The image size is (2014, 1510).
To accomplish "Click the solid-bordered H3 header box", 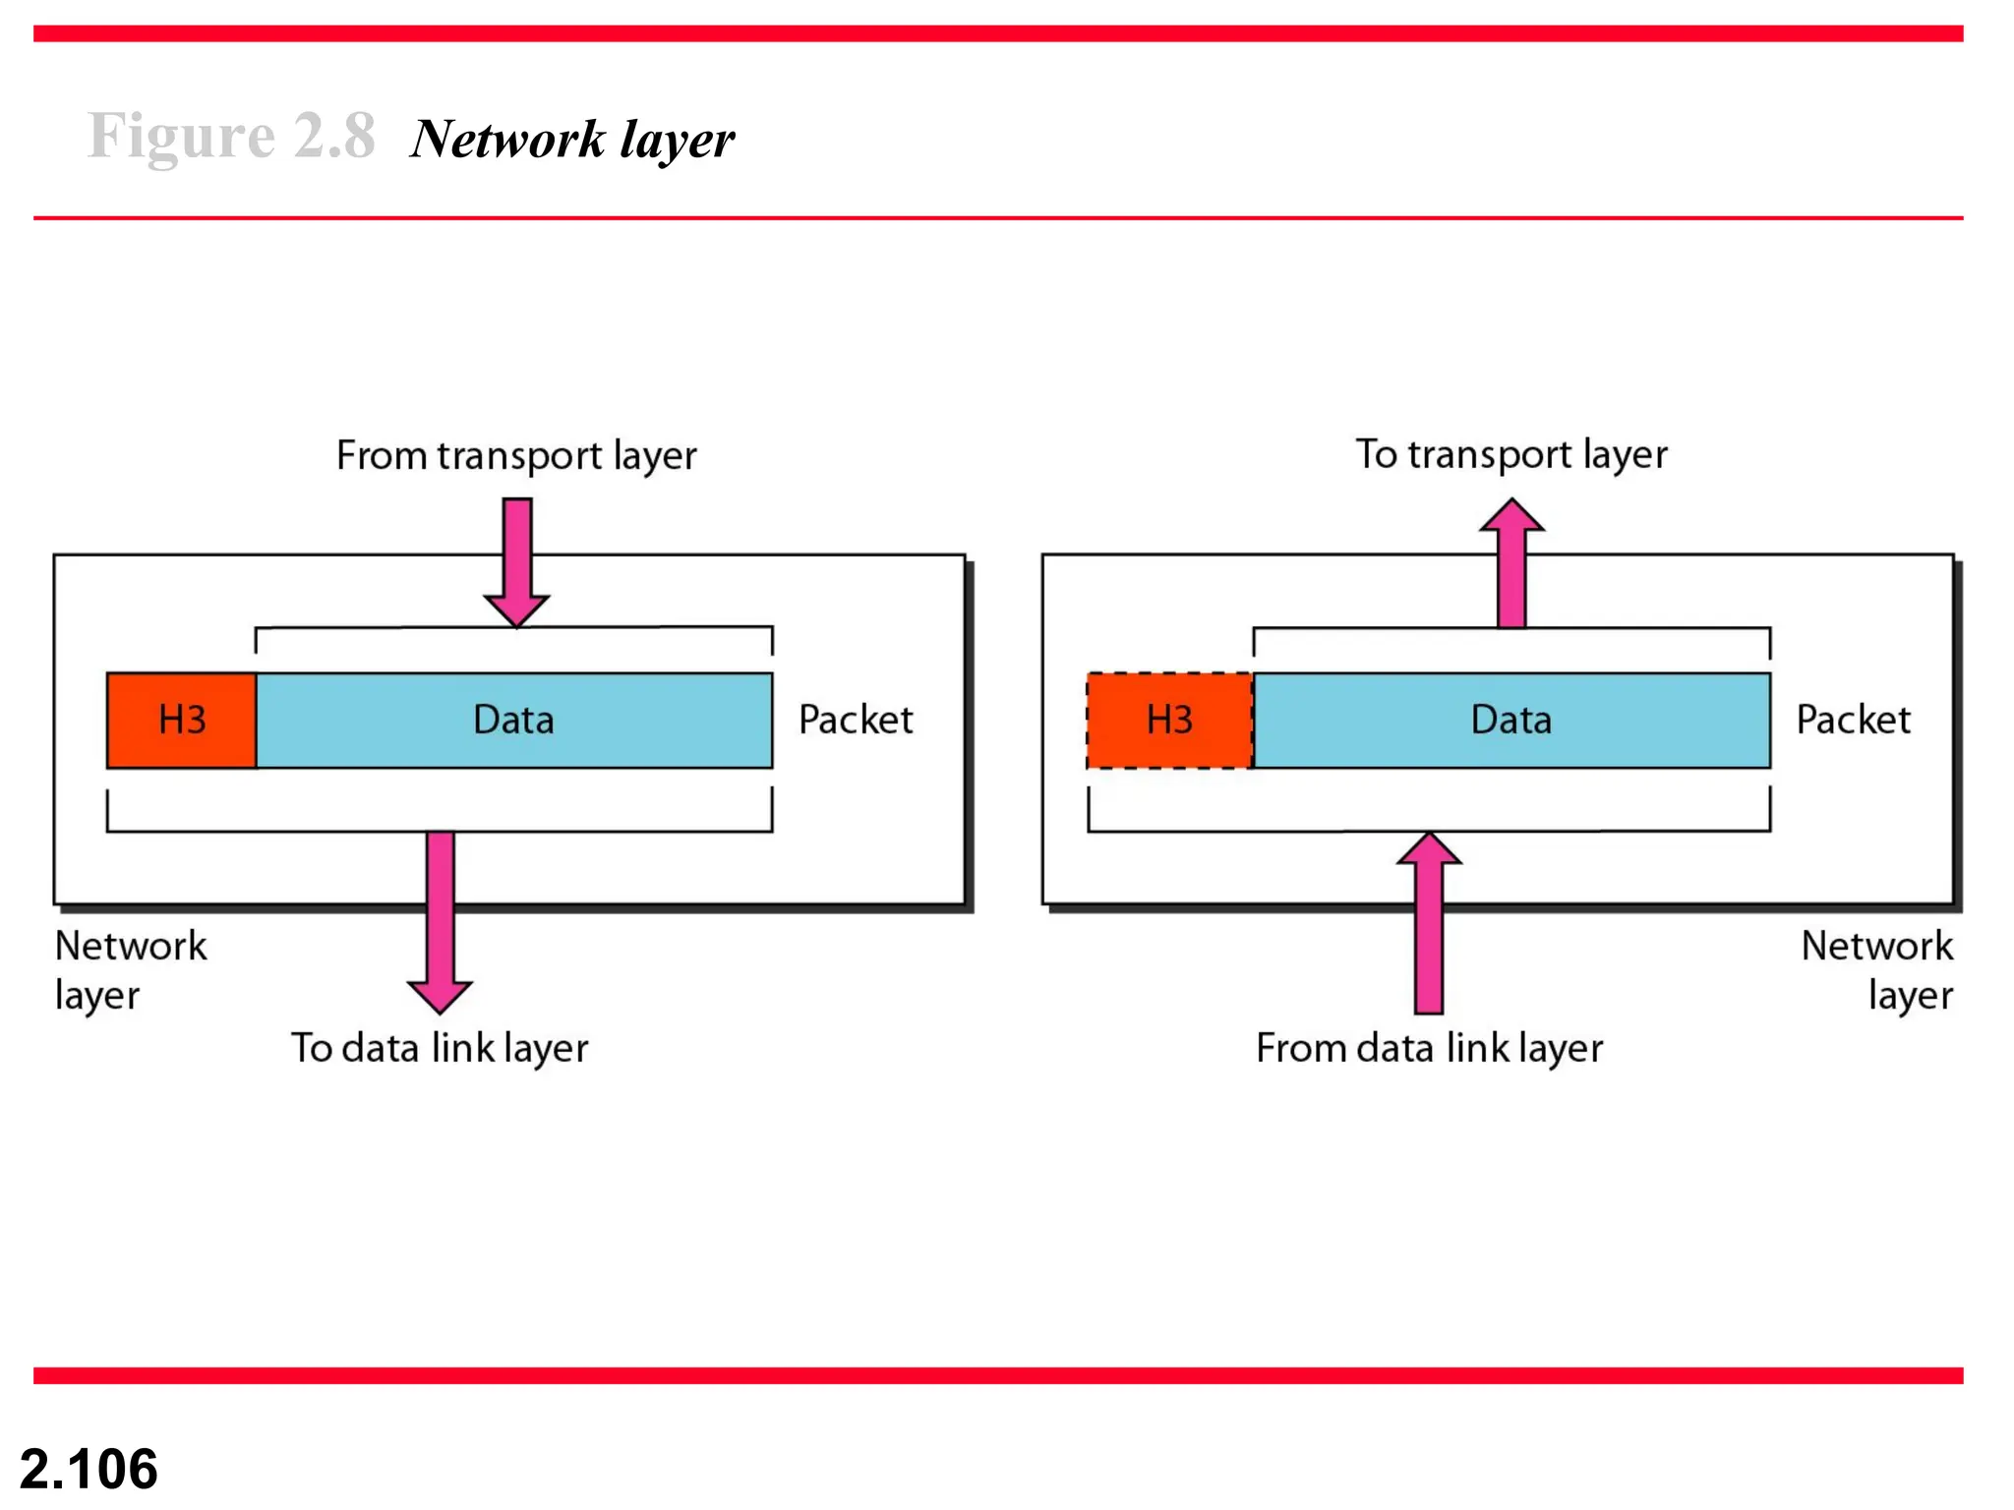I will (182, 721).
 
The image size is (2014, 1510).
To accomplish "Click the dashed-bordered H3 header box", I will (1169, 721).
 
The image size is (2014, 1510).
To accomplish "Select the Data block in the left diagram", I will (513, 721).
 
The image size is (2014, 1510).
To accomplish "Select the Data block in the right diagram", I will (1511, 721).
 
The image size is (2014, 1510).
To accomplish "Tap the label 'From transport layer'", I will (516, 456).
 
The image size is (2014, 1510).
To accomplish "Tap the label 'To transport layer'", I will (1511, 455).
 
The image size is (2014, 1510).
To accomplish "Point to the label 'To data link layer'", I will (440, 1049).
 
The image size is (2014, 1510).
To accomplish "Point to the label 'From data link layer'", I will (1429, 1049).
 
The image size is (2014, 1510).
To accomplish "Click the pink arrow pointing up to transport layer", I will (1511, 565).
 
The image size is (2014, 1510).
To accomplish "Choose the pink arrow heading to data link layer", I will (440, 919).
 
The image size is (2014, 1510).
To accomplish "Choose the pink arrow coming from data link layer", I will (1429, 924).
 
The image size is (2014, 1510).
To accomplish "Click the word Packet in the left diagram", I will (856, 721).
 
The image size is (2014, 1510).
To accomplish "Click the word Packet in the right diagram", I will (1853, 721).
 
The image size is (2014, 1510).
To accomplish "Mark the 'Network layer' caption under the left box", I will (130, 970).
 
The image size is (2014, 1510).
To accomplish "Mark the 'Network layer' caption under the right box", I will (1876, 970).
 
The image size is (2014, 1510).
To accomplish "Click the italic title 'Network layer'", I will (572, 140).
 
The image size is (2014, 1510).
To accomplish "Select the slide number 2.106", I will (89, 1469).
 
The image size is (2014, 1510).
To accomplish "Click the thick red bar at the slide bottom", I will (998, 1375).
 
